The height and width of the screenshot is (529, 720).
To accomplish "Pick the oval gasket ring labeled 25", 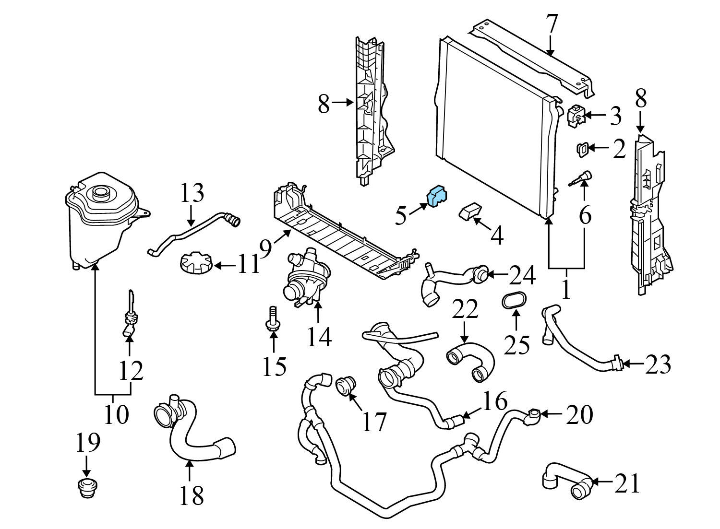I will point(515,300).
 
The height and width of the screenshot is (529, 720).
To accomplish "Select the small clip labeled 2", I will point(582,149).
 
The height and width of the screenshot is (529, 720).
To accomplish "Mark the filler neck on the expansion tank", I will point(101,193).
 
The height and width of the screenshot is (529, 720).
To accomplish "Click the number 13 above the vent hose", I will point(192,193).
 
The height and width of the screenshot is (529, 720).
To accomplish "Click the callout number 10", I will point(116,414).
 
